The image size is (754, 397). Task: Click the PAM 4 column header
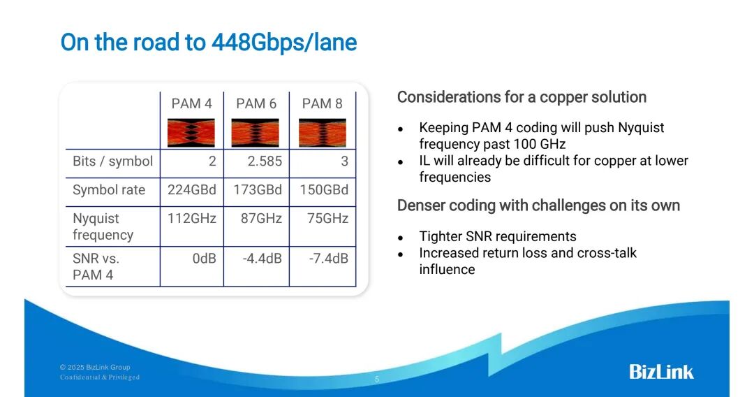click(191, 103)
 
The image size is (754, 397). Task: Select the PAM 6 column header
click(256, 103)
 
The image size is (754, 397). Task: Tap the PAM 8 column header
click(322, 103)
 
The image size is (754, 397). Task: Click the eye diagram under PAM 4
click(191, 132)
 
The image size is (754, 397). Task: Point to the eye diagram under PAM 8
click(322, 132)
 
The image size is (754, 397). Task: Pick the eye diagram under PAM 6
click(256, 132)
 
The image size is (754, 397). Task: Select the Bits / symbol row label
click(112, 161)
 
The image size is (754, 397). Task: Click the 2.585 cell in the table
click(265, 161)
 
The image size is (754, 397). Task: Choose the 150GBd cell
click(323, 190)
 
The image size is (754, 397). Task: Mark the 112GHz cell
click(191, 219)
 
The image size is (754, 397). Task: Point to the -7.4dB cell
click(328, 259)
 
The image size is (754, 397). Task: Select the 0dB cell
click(204, 259)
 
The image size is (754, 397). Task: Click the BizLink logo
click(661, 371)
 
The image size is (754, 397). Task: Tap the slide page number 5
click(377, 380)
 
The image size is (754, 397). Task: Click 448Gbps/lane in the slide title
click(283, 43)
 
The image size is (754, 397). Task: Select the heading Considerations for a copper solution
click(522, 97)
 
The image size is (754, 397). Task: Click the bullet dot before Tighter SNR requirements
click(401, 237)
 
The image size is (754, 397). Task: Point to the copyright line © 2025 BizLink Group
click(95, 367)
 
